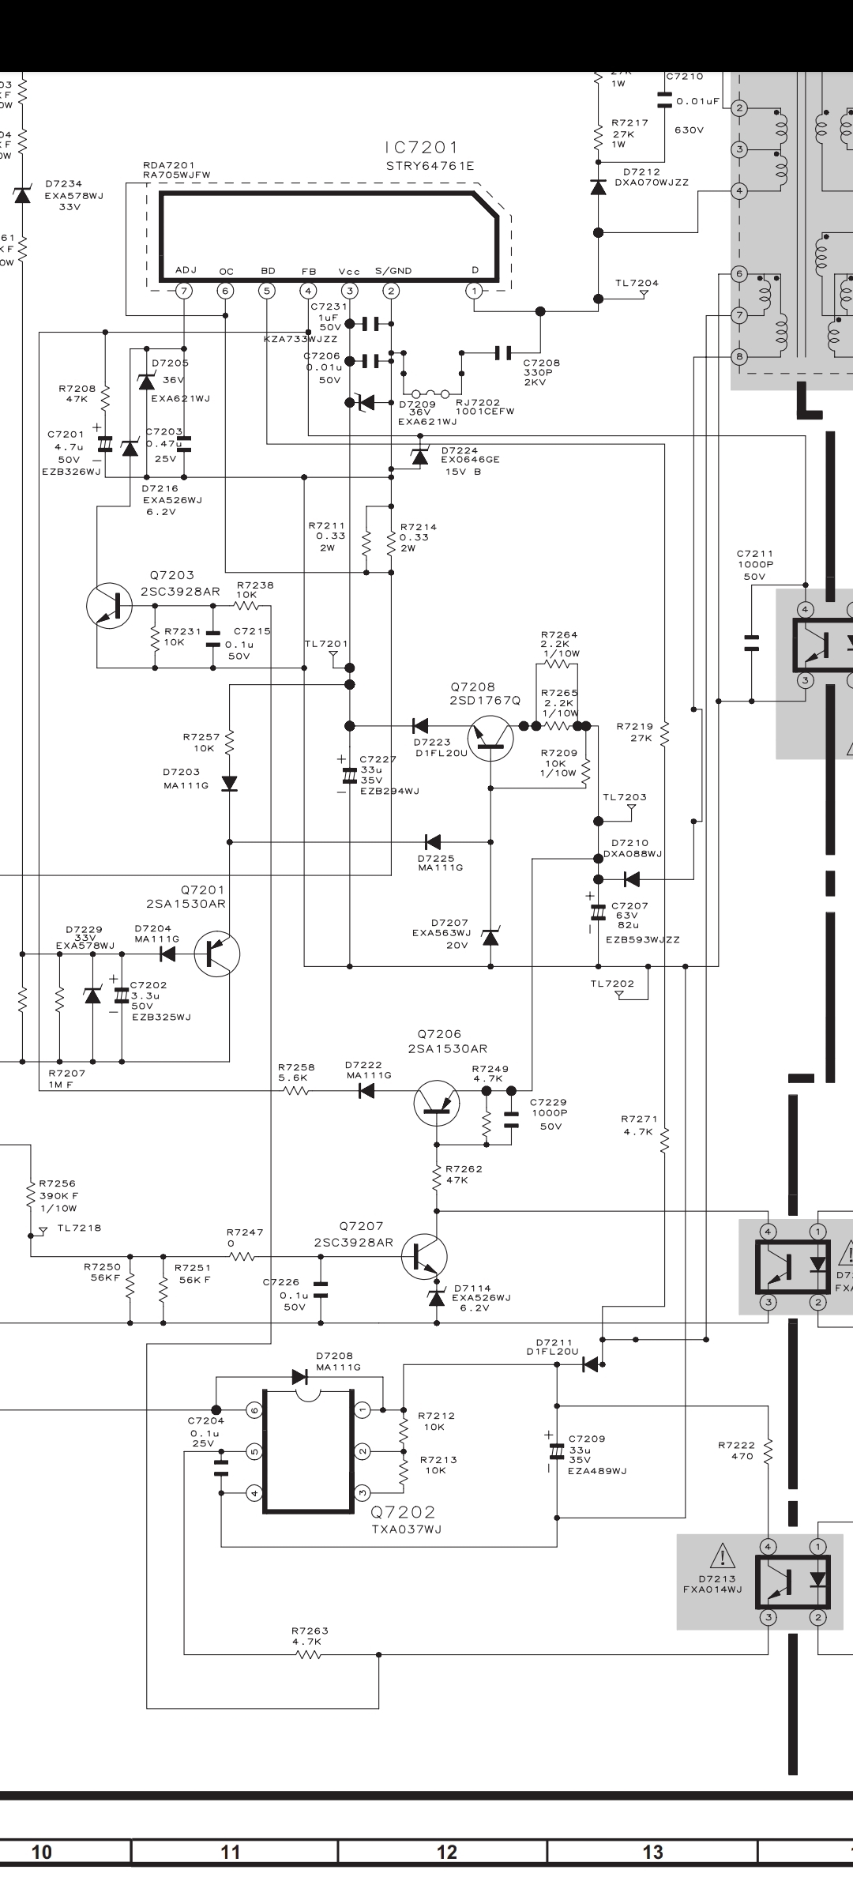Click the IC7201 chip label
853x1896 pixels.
(421, 148)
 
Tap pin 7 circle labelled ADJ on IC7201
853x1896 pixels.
(184, 291)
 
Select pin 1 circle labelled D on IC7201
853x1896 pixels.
(475, 291)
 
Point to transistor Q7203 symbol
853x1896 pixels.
(110, 606)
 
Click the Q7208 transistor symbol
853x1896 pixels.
(490, 738)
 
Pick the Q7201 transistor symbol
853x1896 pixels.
(216, 954)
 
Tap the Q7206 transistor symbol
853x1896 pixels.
(436, 1104)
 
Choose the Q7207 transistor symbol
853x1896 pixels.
(424, 1256)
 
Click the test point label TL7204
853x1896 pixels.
(637, 284)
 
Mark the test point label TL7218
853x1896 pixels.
(79, 1228)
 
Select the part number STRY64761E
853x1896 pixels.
(430, 166)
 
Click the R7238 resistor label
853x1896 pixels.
(255, 585)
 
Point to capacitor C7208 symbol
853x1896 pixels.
(502, 352)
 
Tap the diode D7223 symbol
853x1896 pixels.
(420, 725)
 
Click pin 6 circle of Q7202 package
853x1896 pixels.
(254, 1410)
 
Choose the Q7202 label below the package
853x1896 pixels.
(403, 1512)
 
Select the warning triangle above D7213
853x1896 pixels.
(722, 1556)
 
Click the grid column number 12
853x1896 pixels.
(446, 1852)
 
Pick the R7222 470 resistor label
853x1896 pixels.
(736, 1450)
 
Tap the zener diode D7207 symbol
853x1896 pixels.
(490, 938)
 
